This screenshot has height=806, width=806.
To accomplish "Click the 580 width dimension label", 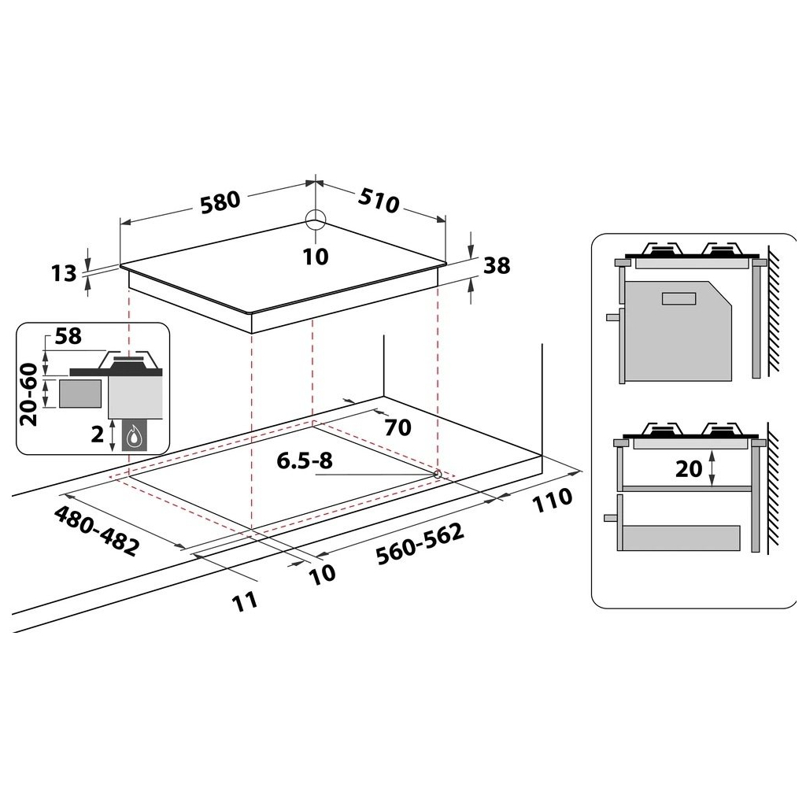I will pyautogui.click(x=219, y=201).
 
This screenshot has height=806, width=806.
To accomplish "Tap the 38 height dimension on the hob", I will pyautogui.click(x=497, y=266).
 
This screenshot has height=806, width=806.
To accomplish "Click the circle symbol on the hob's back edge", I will pyautogui.click(x=315, y=220).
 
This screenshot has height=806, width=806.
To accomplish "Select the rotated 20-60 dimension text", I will pyautogui.click(x=29, y=394).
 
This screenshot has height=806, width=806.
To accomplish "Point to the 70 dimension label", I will pyautogui.click(x=397, y=427).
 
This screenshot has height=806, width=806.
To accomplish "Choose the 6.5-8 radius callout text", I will pyautogui.click(x=303, y=461).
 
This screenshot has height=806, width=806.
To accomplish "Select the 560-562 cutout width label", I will pyautogui.click(x=420, y=543).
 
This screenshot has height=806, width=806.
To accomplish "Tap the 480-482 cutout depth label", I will pyautogui.click(x=96, y=531).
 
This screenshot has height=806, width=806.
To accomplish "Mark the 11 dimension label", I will pyautogui.click(x=246, y=601).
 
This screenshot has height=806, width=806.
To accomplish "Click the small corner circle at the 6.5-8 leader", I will pyautogui.click(x=437, y=474).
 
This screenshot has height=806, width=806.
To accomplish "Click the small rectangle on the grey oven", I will pyautogui.click(x=678, y=298).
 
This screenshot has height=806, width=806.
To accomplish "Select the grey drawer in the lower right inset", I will pyautogui.click(x=680, y=538).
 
